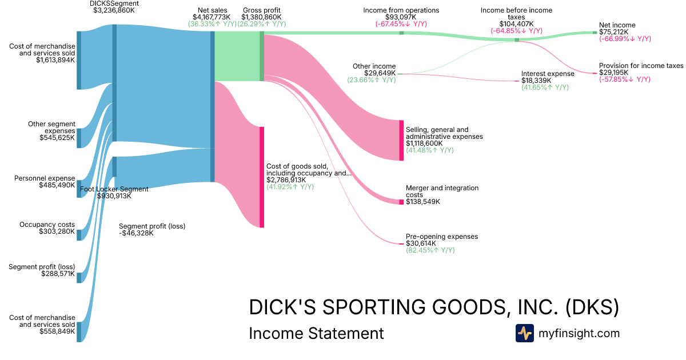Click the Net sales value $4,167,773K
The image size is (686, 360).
212,18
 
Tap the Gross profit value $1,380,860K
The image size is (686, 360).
262,18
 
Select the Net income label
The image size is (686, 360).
617,25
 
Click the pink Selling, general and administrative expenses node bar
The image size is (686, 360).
401,140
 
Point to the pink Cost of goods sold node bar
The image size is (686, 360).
262,177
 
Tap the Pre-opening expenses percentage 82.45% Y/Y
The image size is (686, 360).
430,250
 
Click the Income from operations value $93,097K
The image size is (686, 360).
401,17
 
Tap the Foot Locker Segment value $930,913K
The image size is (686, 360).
114,196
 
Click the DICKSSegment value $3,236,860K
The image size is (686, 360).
114,10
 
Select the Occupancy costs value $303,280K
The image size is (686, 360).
57,231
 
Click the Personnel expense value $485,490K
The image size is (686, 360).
57,185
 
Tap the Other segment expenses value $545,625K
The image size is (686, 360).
57,138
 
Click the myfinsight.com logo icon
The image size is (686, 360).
524,333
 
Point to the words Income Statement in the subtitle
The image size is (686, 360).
316,333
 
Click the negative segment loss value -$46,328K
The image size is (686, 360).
136,233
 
